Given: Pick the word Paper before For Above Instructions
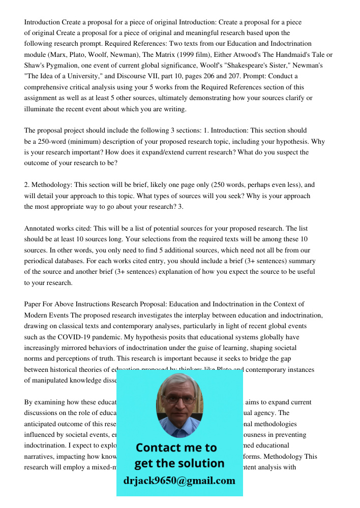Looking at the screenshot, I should click(33, 304).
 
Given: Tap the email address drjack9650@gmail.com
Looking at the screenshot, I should click(179, 481).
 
